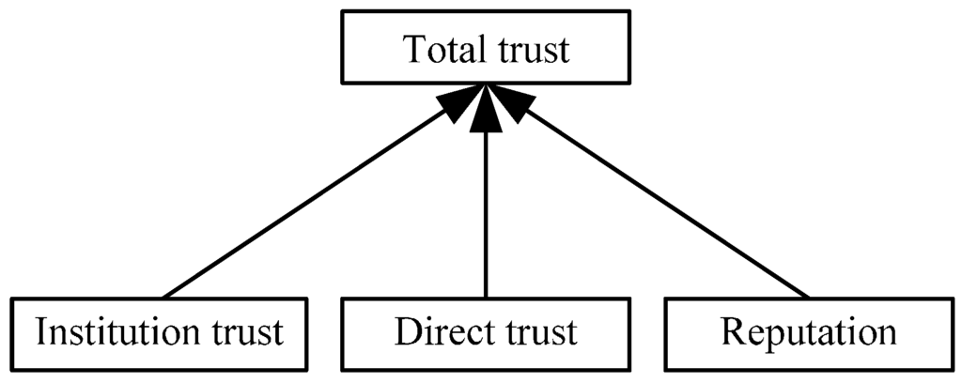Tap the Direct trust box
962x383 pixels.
[x=486, y=332]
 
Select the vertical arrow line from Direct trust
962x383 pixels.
[x=486, y=216]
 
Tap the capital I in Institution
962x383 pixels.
[x=39, y=333]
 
